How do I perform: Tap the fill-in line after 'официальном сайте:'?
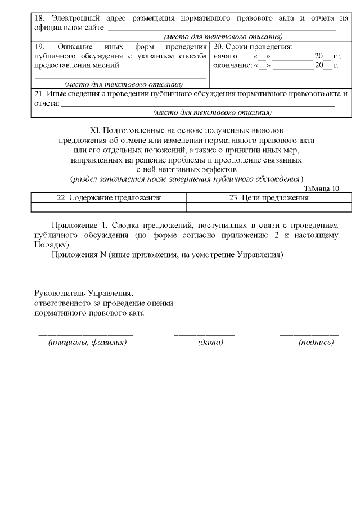[222, 28]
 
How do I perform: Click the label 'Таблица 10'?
[321, 188]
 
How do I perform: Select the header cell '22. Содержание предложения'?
[109, 197]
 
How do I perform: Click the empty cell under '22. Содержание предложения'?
[109, 207]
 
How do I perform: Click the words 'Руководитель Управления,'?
[83, 293]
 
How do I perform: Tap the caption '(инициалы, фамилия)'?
[87, 343]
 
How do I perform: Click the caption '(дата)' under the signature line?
[210, 343]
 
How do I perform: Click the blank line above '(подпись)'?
[309, 335]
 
